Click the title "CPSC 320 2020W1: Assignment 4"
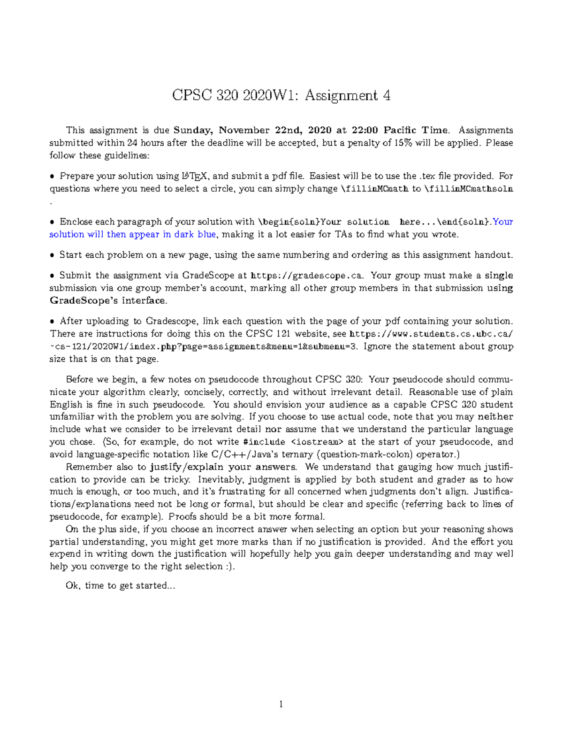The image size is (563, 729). [281, 95]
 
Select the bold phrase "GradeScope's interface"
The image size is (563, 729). [107, 300]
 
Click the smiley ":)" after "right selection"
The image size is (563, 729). [228, 567]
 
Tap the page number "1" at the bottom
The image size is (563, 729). [281, 704]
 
